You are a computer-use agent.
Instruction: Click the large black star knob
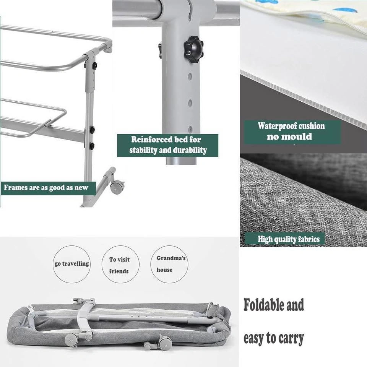[x=193, y=49]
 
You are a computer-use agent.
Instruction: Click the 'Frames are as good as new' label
[x=49, y=188]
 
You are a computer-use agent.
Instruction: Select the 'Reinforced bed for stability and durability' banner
[x=167, y=145]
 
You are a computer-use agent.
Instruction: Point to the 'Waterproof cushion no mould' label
[x=292, y=132]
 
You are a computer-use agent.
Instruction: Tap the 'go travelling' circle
[x=71, y=264]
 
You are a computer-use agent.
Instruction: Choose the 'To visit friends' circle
[x=120, y=264]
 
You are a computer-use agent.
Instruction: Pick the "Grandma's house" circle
[x=169, y=264]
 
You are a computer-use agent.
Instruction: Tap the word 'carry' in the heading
[x=291, y=339]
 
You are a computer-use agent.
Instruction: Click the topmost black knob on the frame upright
[x=94, y=66]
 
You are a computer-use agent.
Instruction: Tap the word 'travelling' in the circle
[x=76, y=264]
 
